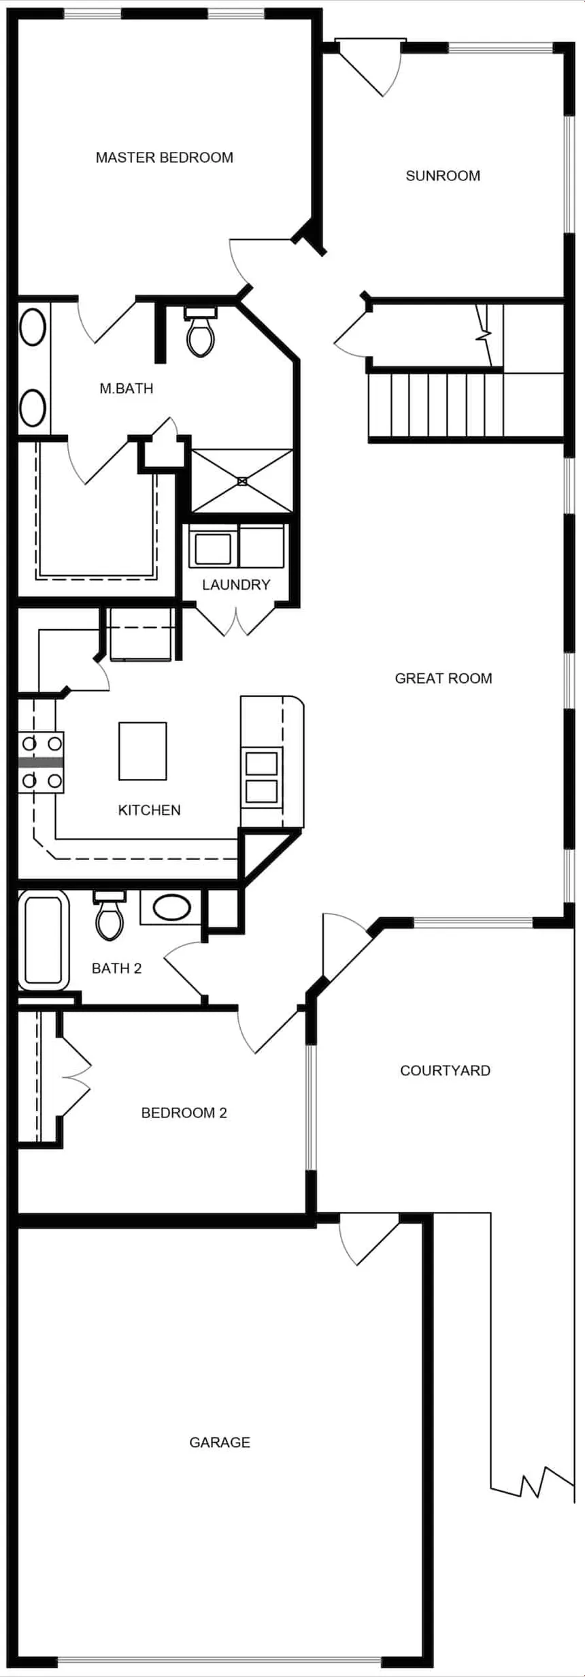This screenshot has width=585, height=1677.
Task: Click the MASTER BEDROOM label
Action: coord(164,157)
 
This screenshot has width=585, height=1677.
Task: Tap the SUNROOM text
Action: coord(443,176)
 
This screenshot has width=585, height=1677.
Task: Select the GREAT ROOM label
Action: coord(444,678)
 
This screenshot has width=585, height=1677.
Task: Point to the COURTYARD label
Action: coord(445,1070)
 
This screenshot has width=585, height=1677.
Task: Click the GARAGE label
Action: coord(220,1442)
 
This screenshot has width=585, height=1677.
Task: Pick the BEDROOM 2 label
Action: coord(184,1113)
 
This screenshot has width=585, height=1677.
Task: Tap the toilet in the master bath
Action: coord(200,334)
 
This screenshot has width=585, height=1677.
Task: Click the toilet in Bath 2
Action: coord(110,917)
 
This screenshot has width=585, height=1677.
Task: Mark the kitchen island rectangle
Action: coord(143,751)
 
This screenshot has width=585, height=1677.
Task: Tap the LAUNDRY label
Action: coord(236,584)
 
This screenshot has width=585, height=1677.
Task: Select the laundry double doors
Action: coord(236,618)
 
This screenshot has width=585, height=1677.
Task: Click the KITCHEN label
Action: coord(149,810)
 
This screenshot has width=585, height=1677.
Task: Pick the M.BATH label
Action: coord(127,388)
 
